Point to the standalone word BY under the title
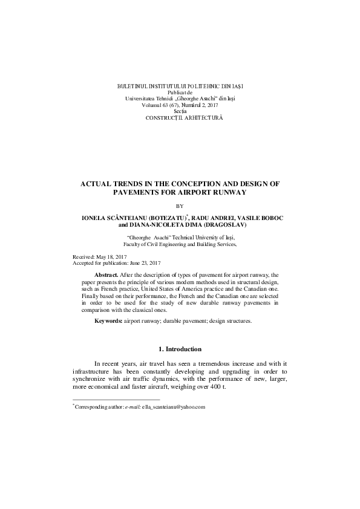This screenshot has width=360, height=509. pos(180,206)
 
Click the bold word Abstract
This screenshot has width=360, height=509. pos(106,274)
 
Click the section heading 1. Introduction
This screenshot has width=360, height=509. pos(180,350)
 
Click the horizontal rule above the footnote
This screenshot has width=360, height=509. pos(116,400)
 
